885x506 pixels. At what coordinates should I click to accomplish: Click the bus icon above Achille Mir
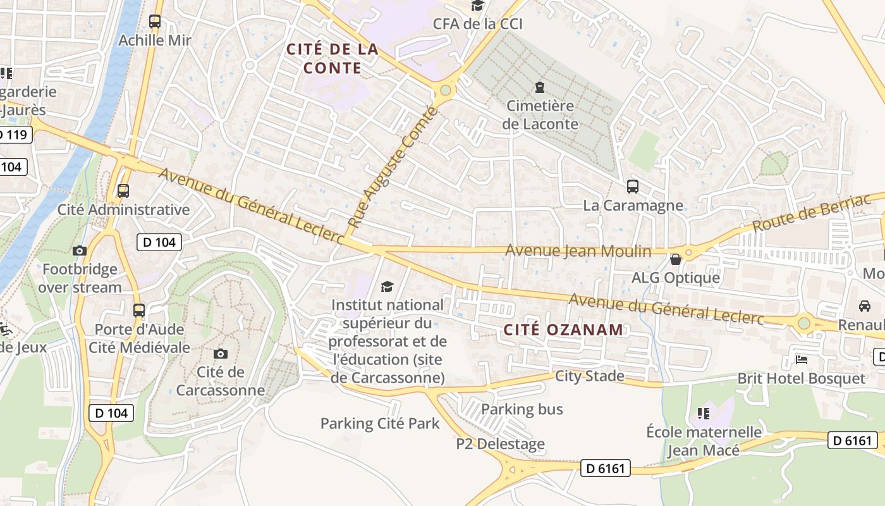point(155,22)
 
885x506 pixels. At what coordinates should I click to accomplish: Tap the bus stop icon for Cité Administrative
point(123,190)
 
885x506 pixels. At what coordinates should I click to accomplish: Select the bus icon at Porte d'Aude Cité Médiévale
point(139,311)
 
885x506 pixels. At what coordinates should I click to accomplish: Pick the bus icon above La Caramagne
point(633,187)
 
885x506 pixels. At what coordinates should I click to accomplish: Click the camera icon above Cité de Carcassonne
point(221,354)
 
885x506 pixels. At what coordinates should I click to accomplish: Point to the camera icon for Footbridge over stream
point(80,250)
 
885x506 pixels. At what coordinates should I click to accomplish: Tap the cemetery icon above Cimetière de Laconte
point(540,87)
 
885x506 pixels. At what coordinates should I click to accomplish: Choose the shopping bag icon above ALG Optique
point(676,259)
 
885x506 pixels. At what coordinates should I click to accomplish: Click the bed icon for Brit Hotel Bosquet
point(802,360)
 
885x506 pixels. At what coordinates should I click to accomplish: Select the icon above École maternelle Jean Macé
point(704,414)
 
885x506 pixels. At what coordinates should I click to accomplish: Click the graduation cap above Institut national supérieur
point(388,287)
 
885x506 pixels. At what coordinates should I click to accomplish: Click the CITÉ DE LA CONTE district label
point(333,58)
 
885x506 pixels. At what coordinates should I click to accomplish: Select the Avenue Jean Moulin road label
point(578,251)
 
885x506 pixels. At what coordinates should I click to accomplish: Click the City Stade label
point(589,376)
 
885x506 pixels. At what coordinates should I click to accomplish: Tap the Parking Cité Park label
point(379,423)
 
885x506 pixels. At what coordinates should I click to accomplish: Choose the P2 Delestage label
point(500,444)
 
